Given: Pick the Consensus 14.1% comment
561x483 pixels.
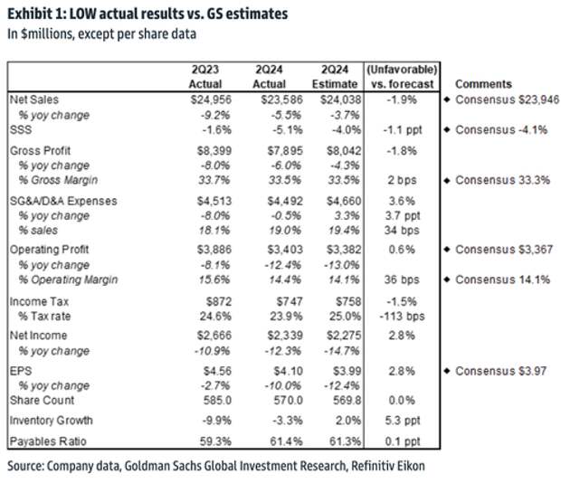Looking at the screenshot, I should (502, 279).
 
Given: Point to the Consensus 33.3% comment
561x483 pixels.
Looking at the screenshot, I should (502, 180).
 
